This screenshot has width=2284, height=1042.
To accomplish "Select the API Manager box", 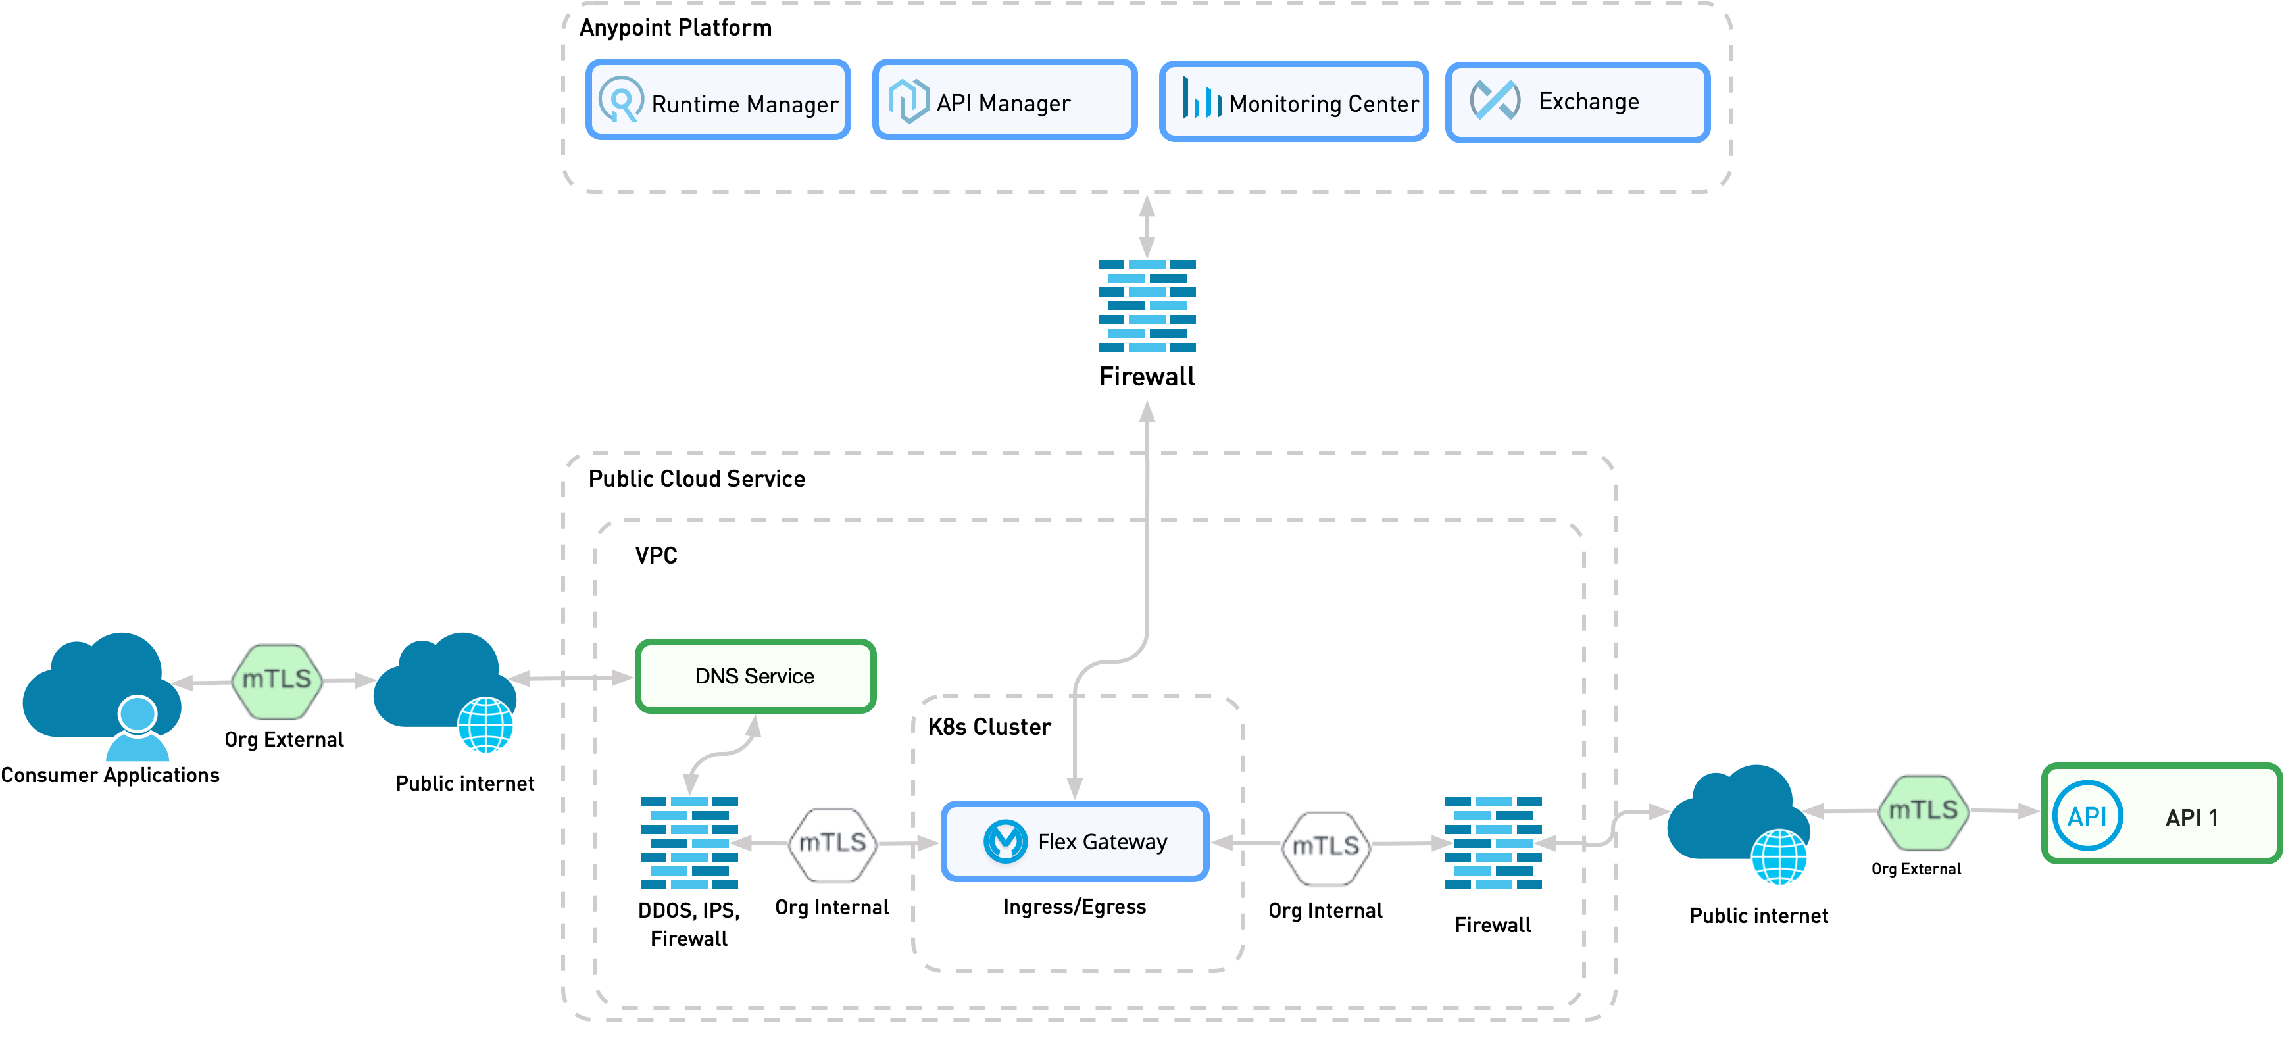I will [1004, 100].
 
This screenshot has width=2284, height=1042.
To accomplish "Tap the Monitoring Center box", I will [1293, 102].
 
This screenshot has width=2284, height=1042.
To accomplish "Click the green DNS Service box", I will [755, 676].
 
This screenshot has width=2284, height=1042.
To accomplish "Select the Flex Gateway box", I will [1075, 841].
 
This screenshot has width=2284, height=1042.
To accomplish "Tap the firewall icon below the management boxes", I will [1147, 306].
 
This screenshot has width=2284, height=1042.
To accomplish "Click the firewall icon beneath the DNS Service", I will [689, 843].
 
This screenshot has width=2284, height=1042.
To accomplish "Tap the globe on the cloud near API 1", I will [1779, 856].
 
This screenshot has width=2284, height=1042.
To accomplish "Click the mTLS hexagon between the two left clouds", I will [277, 680].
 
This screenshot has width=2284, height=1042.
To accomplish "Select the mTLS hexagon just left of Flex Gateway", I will [832, 843].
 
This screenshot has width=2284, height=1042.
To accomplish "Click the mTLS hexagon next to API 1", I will [1922, 811].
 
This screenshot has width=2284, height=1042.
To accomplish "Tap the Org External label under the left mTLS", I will [284, 739].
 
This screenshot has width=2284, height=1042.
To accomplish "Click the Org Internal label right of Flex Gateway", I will [1325, 910].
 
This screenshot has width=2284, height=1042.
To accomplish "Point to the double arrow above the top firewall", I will [1147, 226].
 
